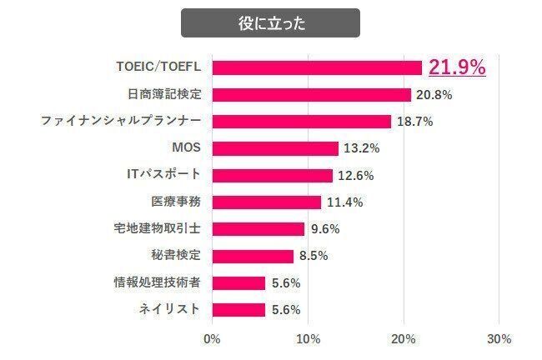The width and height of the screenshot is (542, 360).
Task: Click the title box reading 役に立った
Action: click(270, 22)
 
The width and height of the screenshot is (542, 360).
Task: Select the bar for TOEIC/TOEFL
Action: click(317, 67)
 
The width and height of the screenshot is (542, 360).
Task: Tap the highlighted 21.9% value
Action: click(456, 67)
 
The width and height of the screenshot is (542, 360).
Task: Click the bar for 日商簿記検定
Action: click(312, 94)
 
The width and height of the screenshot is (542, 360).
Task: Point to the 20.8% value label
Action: click(434, 95)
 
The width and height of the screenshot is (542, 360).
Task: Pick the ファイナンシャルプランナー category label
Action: click(121, 122)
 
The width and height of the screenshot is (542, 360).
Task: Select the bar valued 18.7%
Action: click(302, 122)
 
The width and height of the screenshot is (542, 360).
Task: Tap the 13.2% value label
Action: click(361, 149)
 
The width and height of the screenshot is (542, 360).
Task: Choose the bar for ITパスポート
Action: click(273, 175)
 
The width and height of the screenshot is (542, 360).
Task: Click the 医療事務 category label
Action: click(175, 202)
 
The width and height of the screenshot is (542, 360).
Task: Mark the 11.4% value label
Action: click(344, 202)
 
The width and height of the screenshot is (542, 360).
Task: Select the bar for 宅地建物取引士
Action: click(258, 228)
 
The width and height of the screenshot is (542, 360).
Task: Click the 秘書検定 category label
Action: click(175, 255)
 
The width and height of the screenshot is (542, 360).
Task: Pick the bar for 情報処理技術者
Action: click(239, 282)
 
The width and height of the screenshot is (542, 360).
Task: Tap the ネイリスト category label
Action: click(169, 309)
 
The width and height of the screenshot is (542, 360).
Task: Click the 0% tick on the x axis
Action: click(212, 340)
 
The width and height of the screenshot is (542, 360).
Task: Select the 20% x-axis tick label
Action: click(404, 340)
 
